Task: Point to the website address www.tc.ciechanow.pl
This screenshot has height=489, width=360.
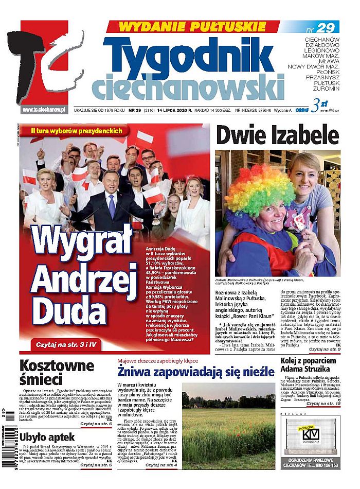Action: [x=43, y=110]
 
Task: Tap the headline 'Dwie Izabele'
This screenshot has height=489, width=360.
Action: [x=277, y=135]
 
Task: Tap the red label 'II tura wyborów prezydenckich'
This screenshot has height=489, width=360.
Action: [x=76, y=131]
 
